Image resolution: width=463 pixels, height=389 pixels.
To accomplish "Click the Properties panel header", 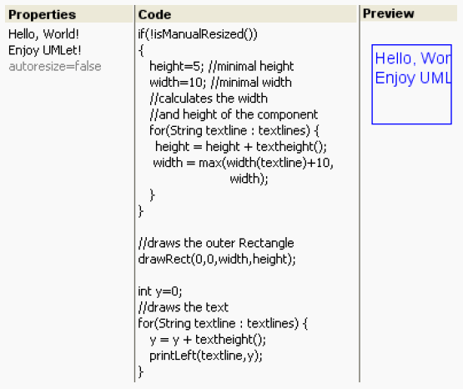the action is point(43,14).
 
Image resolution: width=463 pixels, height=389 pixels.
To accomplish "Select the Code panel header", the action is point(154,14).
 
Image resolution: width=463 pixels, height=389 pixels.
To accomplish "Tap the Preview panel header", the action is point(388,13).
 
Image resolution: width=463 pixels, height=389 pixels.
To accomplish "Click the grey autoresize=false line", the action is point(55,66).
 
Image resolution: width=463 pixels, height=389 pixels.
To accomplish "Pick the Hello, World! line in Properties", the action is point(43,34).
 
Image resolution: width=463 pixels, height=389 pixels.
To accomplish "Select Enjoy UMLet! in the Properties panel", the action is point(44,50).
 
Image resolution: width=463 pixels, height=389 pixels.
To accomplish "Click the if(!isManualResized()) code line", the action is point(198,34).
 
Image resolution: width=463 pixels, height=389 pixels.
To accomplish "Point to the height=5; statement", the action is point(177,66).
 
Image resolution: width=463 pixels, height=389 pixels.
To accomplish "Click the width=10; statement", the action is point(178,83).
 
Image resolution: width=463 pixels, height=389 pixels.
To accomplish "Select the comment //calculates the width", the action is point(209,99).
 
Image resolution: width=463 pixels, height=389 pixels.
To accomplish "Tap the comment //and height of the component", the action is point(234,114).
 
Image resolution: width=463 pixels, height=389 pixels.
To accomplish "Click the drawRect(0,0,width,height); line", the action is point(217,259).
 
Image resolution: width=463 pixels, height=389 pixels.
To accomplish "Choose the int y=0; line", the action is point(160,291).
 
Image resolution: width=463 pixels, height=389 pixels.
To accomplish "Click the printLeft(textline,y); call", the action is point(206,356).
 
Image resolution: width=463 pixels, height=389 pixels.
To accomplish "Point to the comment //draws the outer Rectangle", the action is point(216,243).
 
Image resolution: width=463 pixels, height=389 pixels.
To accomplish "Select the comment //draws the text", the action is point(184,307).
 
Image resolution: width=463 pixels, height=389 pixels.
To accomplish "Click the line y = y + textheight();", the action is point(208,340).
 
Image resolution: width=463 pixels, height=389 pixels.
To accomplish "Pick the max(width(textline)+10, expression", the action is point(266,163).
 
